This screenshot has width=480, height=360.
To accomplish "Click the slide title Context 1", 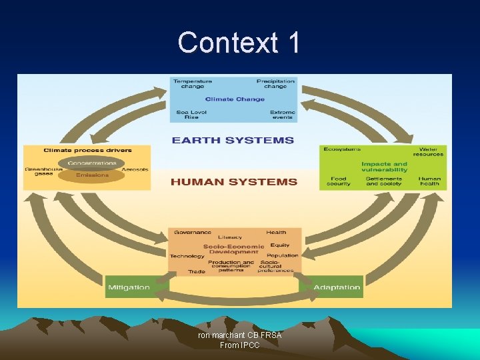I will [239, 43].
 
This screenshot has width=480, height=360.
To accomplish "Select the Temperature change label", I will [193, 83].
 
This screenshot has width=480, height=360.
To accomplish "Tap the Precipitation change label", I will [275, 83].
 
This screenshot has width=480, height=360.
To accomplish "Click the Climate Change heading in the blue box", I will [234, 99].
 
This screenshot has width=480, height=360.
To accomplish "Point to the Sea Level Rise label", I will [191, 115].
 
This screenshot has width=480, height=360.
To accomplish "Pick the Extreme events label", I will [283, 115].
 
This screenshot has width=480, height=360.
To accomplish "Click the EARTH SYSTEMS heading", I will [233, 140].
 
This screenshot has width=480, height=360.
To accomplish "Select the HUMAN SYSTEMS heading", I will [234, 181].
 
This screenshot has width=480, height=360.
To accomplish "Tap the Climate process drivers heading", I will [88, 150].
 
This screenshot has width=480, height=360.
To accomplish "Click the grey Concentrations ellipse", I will [91, 163].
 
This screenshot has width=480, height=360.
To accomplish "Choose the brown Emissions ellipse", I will [91, 175].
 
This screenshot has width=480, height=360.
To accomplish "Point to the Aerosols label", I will [135, 169].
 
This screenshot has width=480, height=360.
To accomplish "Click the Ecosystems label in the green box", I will [342, 149].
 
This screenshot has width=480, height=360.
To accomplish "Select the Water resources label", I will [427, 151].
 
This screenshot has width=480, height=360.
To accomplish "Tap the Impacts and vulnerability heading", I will [384, 167].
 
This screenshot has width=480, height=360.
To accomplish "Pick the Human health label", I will [429, 181].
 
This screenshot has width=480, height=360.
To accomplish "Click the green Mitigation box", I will [129, 287].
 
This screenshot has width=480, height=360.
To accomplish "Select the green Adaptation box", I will [337, 287].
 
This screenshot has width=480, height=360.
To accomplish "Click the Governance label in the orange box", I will [193, 233].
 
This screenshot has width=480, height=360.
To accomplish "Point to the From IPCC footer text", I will [239, 345].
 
